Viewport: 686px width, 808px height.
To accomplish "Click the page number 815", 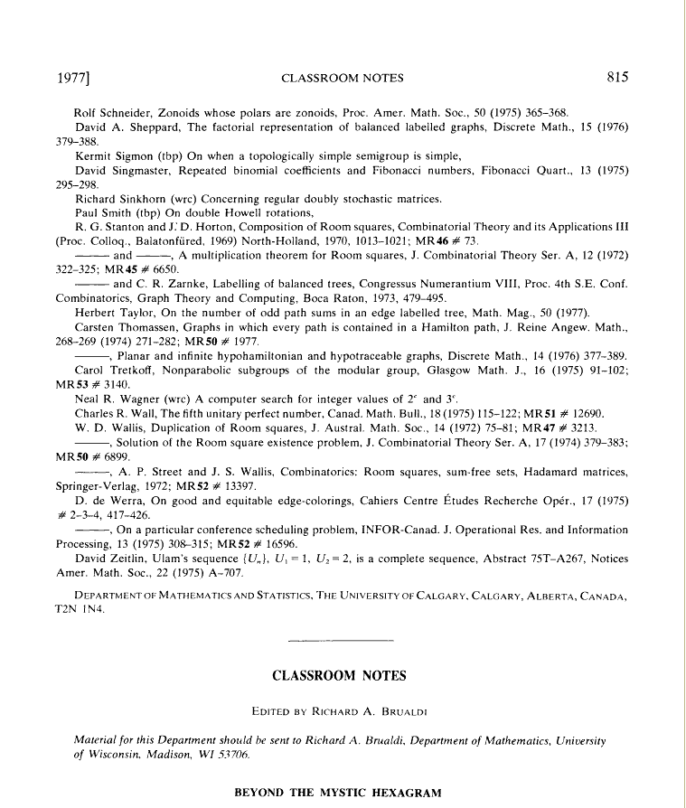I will (x=617, y=77).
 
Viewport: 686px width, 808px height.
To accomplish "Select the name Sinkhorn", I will (x=155, y=199).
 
